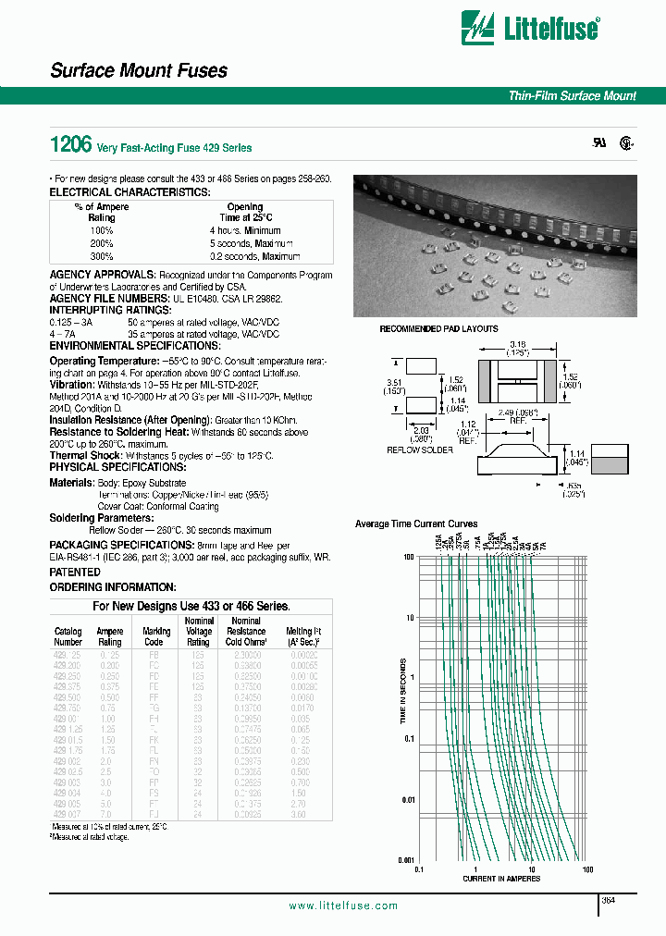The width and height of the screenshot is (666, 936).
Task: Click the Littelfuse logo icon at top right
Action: (483, 30)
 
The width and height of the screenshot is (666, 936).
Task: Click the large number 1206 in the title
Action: (69, 144)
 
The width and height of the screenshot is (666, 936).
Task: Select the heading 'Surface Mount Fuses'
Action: (138, 71)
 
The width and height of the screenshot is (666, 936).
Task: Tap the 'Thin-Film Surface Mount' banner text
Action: (573, 96)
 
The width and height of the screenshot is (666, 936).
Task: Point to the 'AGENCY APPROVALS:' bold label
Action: (103, 276)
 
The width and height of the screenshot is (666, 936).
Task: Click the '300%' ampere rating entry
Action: (101, 256)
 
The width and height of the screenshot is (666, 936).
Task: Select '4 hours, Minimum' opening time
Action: (245, 230)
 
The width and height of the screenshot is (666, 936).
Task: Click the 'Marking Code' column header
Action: (157, 636)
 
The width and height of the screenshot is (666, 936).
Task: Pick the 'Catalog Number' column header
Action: (68, 636)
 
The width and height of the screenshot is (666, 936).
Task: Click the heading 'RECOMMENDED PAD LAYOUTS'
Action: (438, 329)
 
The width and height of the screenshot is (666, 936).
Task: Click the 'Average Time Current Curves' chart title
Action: (416, 524)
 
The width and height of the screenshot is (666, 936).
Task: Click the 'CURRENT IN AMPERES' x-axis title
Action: (501, 880)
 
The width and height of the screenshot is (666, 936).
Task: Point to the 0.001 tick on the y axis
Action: (404, 859)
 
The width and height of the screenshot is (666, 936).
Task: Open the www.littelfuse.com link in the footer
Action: (343, 906)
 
